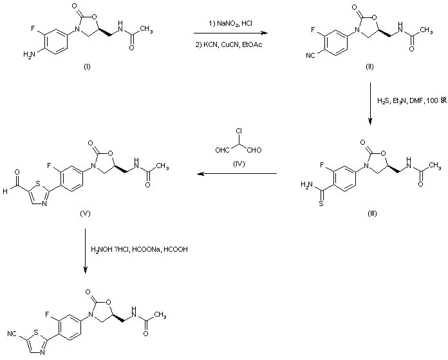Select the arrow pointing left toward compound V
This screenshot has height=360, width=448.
(x=238, y=174)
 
